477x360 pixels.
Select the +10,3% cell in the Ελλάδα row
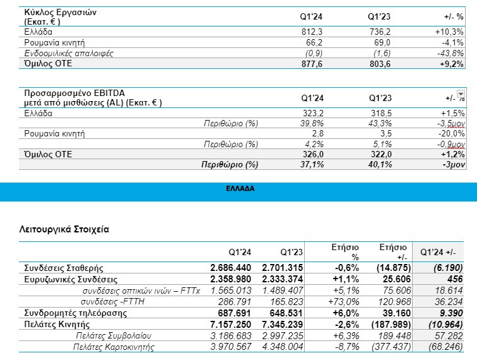[x=449, y=32]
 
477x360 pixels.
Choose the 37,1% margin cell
[x=313, y=165]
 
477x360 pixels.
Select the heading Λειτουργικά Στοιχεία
[x=64, y=229]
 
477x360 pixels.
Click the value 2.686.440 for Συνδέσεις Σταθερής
[x=230, y=268]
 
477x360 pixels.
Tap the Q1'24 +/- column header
[x=437, y=251]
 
